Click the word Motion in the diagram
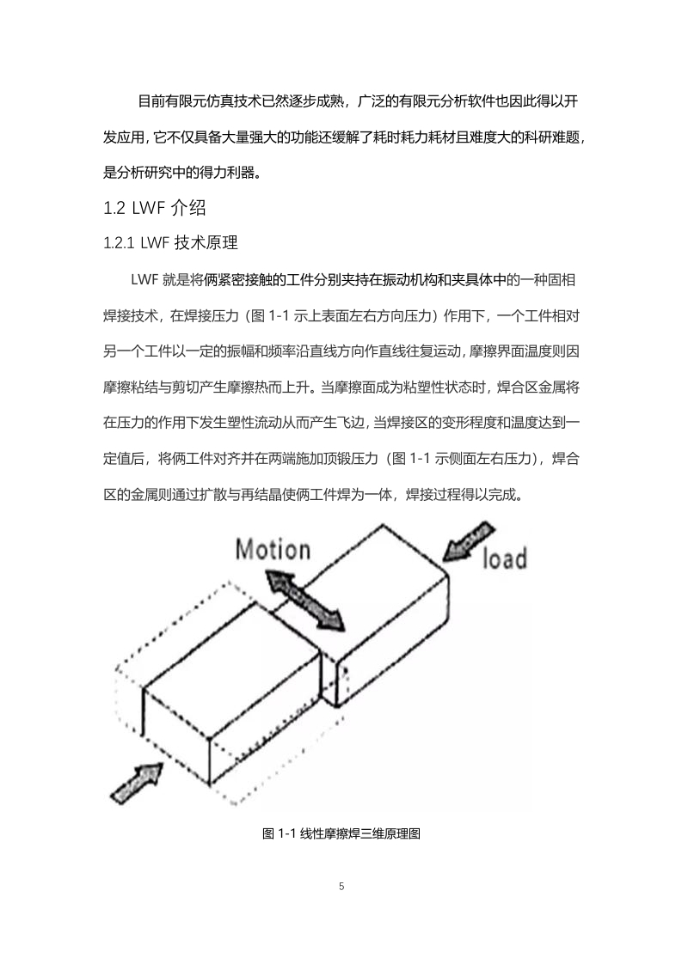point(273,549)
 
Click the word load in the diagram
point(504,558)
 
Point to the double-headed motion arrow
point(305,600)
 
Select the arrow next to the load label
point(469,541)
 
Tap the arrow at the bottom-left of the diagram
point(136,783)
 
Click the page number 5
point(341,886)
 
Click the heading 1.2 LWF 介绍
point(155,208)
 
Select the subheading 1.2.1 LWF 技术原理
point(170,243)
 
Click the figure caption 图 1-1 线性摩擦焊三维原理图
point(341,833)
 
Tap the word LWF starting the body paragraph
point(144,280)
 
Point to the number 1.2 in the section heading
point(114,209)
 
